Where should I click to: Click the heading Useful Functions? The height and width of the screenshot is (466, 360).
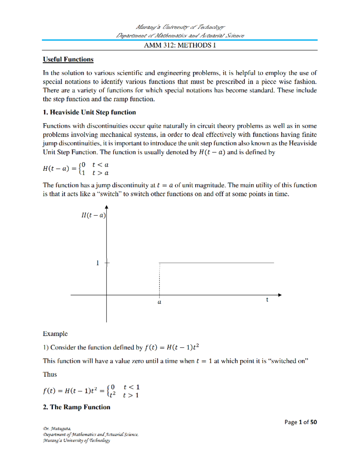click(68, 59)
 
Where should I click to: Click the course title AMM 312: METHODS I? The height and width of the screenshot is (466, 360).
click(180, 45)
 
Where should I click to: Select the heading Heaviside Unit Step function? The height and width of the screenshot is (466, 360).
click(89, 112)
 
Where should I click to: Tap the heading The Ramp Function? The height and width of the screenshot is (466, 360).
click(76, 407)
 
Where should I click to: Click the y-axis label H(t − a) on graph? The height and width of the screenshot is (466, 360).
click(93, 215)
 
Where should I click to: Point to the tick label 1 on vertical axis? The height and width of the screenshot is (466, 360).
click(97, 263)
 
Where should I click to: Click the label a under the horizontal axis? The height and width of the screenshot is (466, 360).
click(159, 302)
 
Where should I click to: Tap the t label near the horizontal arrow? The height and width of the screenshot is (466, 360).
click(267, 300)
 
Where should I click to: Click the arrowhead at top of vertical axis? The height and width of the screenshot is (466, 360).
click(106, 207)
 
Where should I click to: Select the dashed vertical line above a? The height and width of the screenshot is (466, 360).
click(159, 279)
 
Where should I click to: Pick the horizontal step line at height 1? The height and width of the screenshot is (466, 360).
click(216, 263)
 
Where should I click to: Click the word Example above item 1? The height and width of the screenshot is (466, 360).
click(55, 334)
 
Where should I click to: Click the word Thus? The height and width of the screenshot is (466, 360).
click(50, 374)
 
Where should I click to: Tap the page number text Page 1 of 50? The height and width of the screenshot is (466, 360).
click(300, 422)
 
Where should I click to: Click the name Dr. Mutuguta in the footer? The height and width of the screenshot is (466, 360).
click(57, 428)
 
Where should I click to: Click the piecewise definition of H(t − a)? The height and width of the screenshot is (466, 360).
click(76, 169)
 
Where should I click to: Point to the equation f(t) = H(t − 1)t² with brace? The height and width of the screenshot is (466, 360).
click(91, 391)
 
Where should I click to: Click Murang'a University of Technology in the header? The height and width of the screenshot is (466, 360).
click(180, 27)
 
